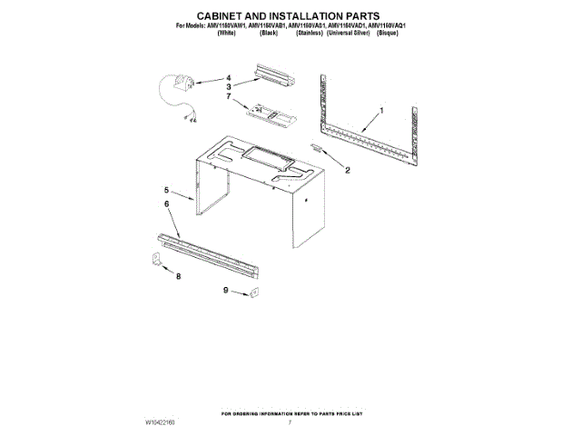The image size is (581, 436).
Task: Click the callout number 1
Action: coord(382,110)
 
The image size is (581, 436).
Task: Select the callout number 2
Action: coord(346,168)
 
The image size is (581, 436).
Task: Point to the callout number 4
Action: coord(229,77)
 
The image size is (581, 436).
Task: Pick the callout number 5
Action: coord(166,190)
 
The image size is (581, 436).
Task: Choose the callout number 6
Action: coord(166,205)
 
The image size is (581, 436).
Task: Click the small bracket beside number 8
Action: coord(156,262)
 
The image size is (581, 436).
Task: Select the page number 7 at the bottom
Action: coord(290,423)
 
